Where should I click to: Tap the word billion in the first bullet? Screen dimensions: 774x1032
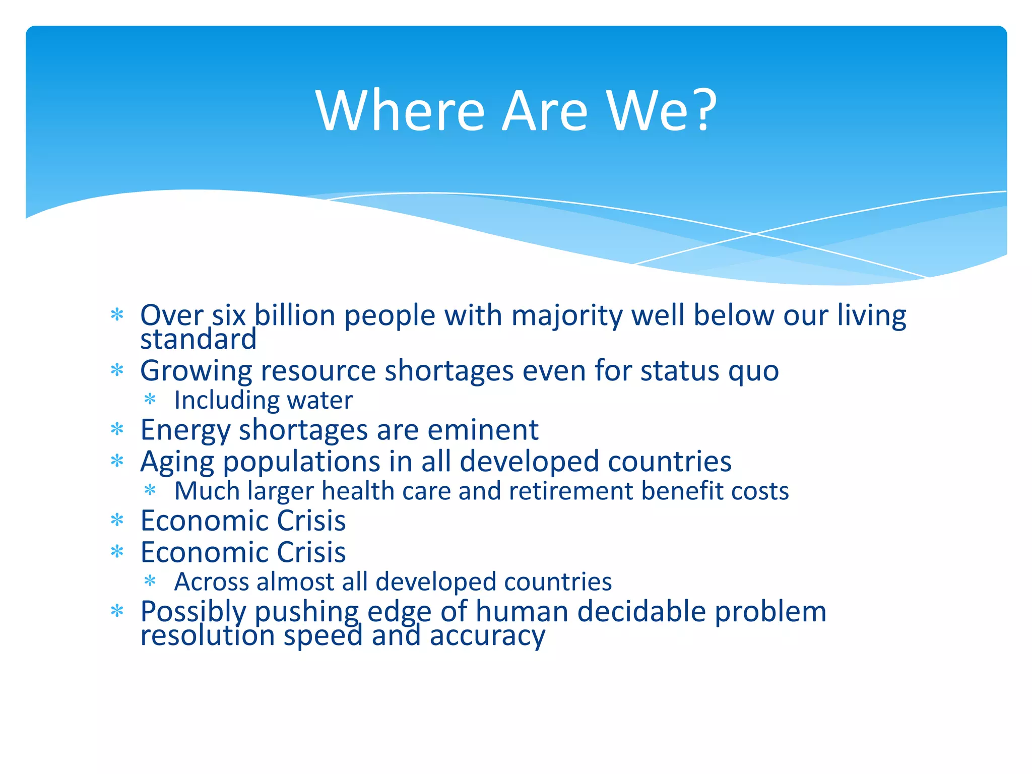coord(295,316)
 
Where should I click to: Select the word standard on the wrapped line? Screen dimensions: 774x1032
coord(199,339)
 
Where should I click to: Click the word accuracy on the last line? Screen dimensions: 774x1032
coord(487,635)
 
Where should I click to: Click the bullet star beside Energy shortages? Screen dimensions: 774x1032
coord(117,429)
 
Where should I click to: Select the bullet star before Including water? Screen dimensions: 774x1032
coord(150,400)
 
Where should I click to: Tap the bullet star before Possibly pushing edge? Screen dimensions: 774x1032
coord(117,611)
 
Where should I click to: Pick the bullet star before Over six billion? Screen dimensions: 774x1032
coord(117,315)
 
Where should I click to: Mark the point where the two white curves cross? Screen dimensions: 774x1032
coord(754,234)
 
